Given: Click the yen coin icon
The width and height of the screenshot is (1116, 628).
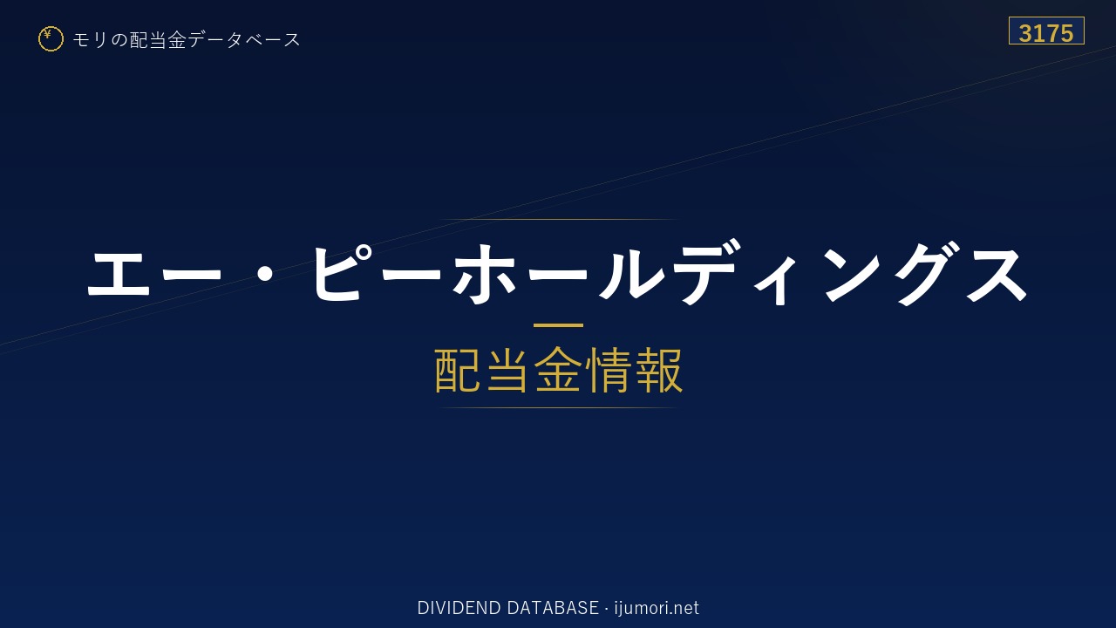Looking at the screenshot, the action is tap(51, 39).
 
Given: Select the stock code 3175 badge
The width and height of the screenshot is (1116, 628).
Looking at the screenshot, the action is tap(1046, 31).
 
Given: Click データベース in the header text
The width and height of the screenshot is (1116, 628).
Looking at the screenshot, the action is tap(244, 40).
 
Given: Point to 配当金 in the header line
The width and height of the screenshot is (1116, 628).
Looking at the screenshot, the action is tap(159, 40).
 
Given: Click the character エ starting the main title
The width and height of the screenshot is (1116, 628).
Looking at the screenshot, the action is tap(119, 273).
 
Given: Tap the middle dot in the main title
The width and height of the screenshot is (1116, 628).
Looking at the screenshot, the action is tap(268, 273).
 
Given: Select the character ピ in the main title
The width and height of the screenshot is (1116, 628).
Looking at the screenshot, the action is tap(340, 273).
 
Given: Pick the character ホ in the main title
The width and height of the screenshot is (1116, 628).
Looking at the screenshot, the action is tap(484, 274).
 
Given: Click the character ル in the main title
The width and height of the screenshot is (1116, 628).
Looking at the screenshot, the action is tap(632, 274).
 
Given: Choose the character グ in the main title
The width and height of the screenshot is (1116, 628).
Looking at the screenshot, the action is tap(928, 273).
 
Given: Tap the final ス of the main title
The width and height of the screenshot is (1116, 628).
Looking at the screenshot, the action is tap(997, 274).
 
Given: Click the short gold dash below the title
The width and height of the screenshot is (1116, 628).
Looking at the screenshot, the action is tap(558, 325).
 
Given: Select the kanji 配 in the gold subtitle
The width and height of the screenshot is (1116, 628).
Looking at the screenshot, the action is tap(458, 370).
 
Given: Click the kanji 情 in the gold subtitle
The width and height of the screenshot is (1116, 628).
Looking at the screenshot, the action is tap(608, 370).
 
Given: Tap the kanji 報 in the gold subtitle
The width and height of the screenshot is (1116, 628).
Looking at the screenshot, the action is tap(658, 370).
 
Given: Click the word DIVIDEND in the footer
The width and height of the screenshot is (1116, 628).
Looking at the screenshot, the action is tap(459, 608).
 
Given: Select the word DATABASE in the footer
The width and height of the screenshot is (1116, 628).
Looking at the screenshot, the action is tap(553, 608).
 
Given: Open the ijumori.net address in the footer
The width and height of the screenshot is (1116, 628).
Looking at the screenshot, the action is tap(657, 609).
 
